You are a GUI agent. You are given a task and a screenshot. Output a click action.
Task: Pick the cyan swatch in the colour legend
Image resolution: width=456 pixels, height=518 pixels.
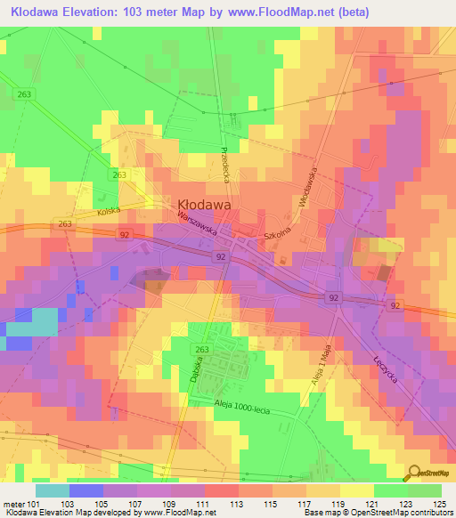click(52, 490)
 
